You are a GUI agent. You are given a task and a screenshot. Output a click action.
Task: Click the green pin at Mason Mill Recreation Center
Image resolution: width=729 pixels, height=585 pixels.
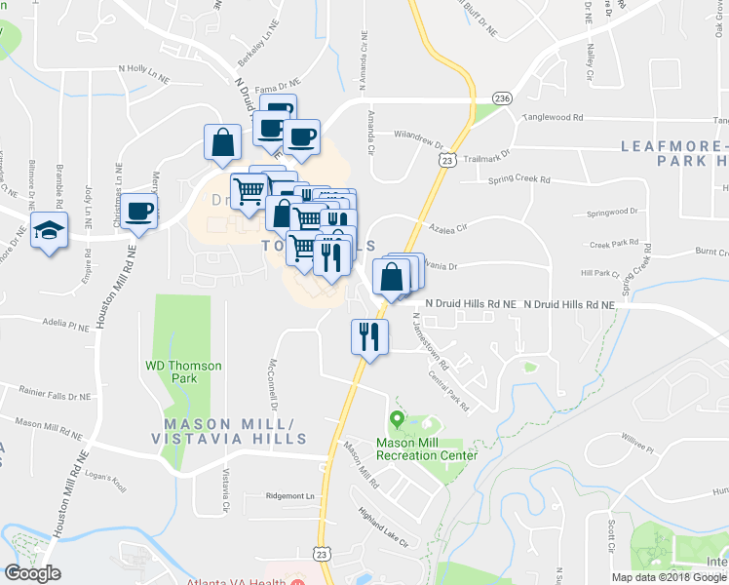coord(397,421)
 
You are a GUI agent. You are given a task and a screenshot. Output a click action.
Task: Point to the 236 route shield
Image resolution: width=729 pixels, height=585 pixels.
coord(502,98)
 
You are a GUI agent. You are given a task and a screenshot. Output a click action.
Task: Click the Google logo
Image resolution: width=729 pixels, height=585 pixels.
coord(32,573)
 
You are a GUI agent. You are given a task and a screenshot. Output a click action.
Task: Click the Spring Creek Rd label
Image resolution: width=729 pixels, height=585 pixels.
coord(518,180)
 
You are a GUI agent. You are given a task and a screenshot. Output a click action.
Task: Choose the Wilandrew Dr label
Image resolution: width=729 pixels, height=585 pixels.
coord(419,136)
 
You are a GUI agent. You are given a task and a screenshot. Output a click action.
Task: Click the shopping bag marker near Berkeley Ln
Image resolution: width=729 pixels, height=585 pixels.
coord(223,142)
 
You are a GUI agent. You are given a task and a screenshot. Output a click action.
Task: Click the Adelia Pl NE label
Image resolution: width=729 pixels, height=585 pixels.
coord(65,320)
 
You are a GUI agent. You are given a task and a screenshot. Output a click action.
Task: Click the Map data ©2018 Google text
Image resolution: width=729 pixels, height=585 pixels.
coord(668,577)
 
